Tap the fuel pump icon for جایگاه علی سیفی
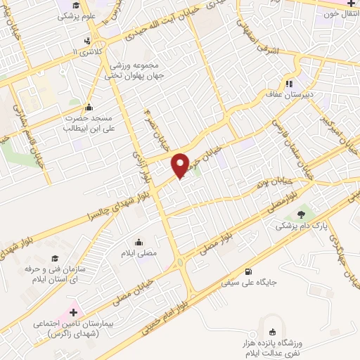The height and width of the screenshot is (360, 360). (247, 272)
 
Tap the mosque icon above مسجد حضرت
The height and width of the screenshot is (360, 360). (89, 108)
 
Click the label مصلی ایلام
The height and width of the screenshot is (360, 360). (157, 251)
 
